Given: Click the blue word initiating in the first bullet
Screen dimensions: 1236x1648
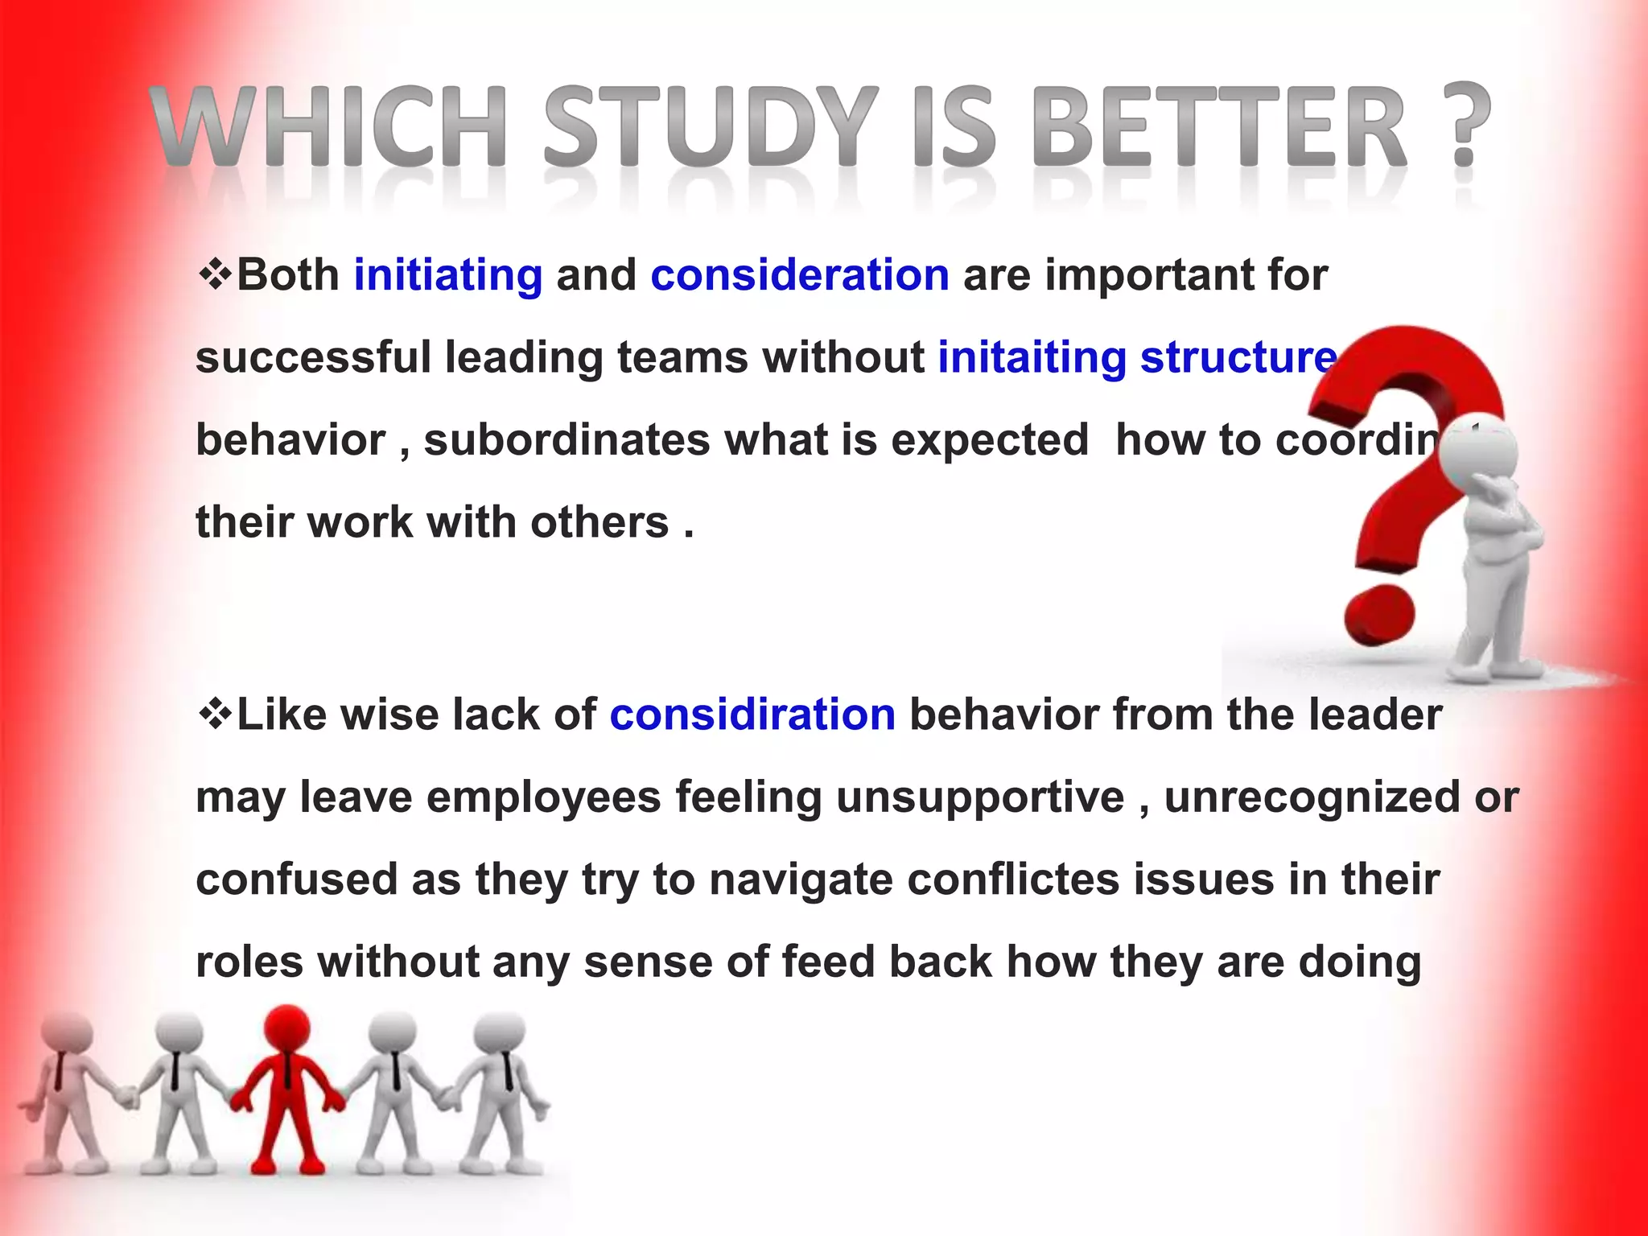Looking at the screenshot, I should point(448,275).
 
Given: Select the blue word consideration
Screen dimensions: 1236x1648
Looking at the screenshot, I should point(800,275).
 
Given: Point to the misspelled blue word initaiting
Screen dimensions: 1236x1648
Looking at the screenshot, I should point(1032,357).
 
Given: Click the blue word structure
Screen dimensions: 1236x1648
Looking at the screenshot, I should point(1238,357).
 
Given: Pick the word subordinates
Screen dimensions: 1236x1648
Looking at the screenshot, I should point(567,440).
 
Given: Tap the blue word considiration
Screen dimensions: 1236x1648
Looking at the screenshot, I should point(752,715).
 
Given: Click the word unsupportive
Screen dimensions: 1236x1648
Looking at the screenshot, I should point(980,797).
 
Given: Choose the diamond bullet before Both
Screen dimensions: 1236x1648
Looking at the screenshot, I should point(215,274).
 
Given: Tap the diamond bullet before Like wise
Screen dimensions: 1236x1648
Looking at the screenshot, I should point(215,714).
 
